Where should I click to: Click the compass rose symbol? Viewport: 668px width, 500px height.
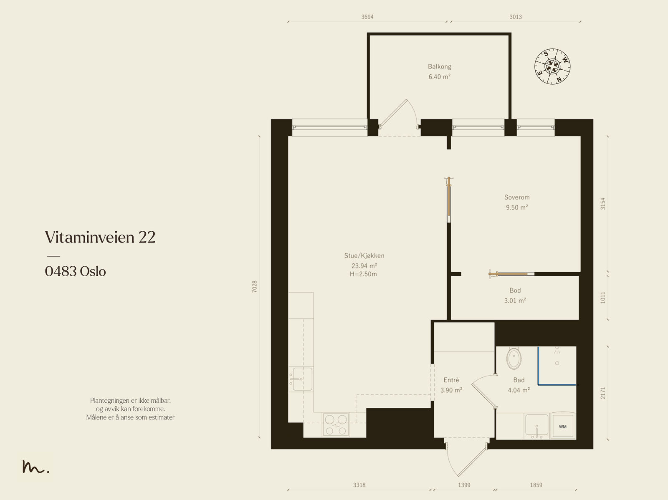552,66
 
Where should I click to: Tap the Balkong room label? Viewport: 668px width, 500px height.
440,66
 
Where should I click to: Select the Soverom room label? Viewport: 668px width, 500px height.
517,197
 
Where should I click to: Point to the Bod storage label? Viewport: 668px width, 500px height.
515,290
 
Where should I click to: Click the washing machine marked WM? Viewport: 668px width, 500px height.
563,426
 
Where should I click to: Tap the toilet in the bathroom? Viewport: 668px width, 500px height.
514,359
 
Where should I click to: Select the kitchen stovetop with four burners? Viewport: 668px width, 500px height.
336,424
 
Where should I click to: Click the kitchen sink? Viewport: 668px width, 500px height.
301,379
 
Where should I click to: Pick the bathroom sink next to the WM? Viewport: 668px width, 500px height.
536,426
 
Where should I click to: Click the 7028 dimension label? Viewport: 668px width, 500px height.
254,286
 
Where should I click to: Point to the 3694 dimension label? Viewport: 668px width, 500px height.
367,17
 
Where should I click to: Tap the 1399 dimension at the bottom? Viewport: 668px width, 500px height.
464,485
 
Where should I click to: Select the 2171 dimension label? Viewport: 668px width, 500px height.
602,393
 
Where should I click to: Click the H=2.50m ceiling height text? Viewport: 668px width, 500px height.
363,274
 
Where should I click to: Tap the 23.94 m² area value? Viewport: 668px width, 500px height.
364,265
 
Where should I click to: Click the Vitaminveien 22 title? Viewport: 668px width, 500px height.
100,237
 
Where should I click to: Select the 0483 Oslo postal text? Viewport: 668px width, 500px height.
75,271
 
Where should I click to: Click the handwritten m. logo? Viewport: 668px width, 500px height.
35,466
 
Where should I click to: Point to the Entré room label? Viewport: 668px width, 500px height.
451,380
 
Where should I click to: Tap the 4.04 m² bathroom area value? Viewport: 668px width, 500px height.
519,390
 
